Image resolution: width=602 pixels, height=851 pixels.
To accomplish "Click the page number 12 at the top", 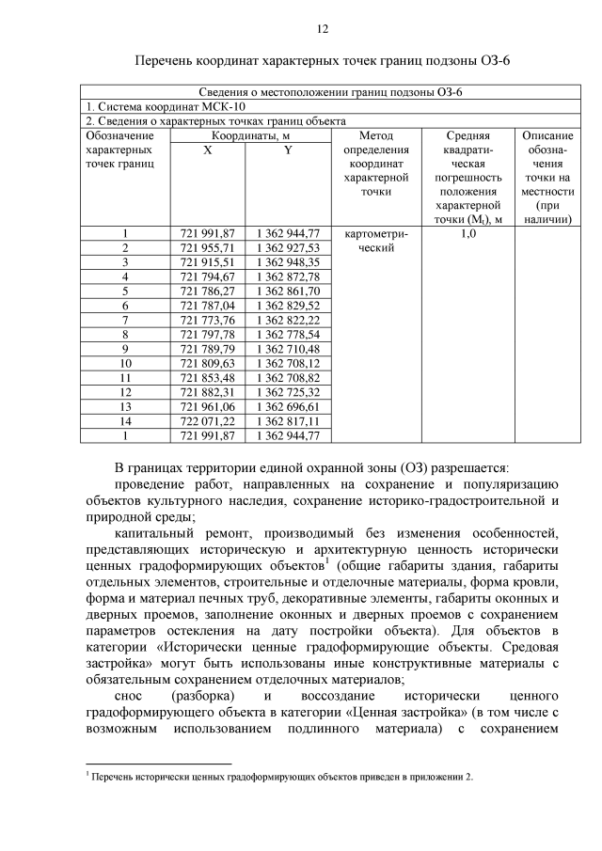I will coord(322,29).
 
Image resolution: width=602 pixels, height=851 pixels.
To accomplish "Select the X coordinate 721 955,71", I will coord(208,247).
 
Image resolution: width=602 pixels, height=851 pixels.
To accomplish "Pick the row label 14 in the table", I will coord(124,421).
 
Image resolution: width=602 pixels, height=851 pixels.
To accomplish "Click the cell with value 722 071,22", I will coord(208,421).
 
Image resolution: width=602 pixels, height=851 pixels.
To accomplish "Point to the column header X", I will coord(208,150).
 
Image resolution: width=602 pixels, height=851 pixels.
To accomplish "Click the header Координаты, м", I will coord(249,136).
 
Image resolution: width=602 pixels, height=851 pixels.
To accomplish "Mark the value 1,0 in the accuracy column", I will coord(467,233).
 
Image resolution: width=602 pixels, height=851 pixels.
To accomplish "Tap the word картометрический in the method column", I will coord(373,241).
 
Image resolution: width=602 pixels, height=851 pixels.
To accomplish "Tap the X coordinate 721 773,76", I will coord(208,320).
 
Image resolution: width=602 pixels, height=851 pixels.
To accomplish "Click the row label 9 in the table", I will coord(124,349).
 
